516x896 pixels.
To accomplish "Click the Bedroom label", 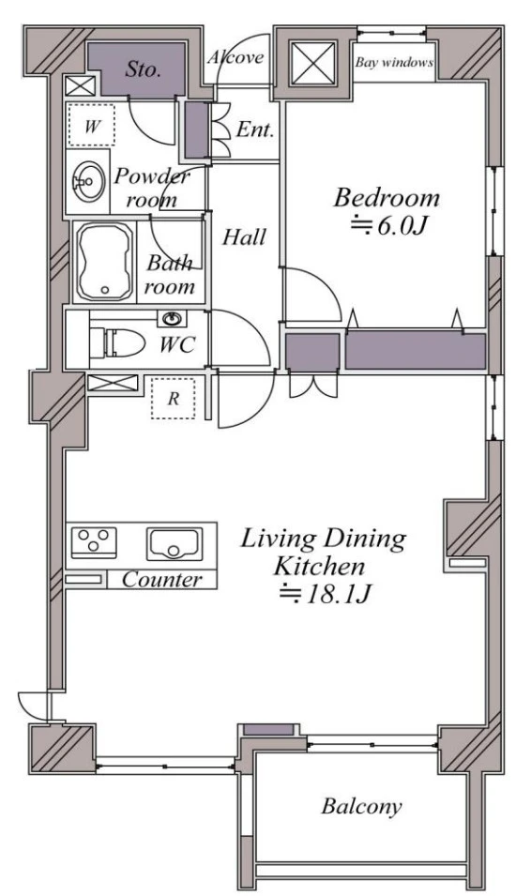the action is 387,198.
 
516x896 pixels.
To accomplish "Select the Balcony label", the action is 361,806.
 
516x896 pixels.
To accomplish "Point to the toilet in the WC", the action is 116,342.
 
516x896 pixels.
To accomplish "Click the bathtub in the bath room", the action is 104,261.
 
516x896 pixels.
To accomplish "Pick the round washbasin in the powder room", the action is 88,182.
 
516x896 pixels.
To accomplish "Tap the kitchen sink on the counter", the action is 175,543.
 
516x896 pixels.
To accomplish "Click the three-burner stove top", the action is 93,542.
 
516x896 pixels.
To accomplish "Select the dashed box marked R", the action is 173,399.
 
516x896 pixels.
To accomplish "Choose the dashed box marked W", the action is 91,126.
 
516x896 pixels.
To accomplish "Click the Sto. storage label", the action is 143,69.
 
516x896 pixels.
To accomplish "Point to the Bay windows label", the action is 394,62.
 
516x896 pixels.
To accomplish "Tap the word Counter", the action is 161,580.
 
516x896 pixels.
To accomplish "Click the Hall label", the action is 244,236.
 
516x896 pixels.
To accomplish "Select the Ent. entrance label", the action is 255,130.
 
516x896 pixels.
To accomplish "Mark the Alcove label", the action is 235,56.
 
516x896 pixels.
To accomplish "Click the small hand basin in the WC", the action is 171,318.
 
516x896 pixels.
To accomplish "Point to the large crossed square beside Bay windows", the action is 312,62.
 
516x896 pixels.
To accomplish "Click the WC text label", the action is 177,345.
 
